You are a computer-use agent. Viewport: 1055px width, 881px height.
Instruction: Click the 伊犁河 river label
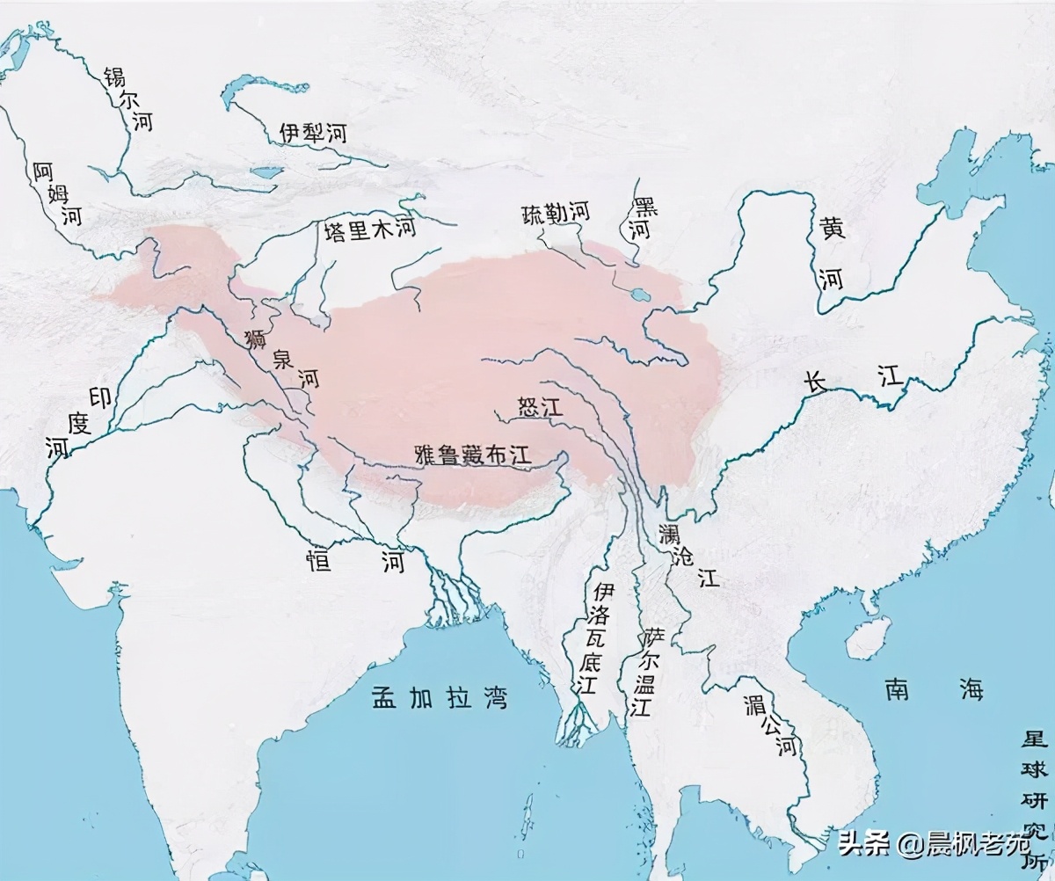[314, 133]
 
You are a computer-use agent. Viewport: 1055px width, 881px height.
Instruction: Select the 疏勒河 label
[554, 213]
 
